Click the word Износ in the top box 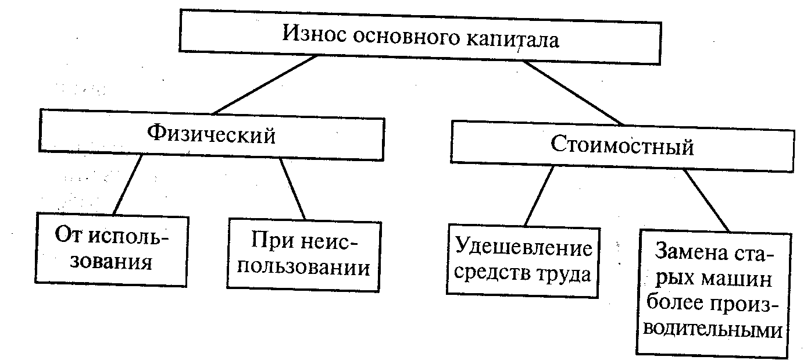coord(314,33)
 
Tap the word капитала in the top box coord(512,39)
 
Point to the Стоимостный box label coord(622,145)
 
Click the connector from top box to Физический coord(265,85)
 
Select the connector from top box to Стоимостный coord(573,93)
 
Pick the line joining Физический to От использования coord(127,184)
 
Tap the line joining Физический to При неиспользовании coord(292,188)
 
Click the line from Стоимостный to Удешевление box coord(539,196)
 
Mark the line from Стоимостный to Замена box coord(706,200)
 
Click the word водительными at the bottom coord(713,330)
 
